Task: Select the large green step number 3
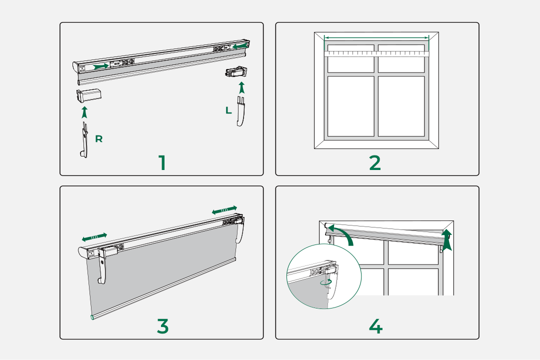162,326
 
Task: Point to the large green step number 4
375,326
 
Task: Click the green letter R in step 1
99,139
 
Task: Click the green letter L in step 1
228,110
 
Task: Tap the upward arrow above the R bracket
84,111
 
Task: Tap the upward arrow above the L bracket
242,87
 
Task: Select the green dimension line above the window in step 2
376,37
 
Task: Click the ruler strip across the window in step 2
376,52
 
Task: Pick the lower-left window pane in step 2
351,106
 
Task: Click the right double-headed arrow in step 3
224,210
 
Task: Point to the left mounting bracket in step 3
104,265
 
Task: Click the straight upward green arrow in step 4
446,240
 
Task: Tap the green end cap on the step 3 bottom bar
91,318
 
